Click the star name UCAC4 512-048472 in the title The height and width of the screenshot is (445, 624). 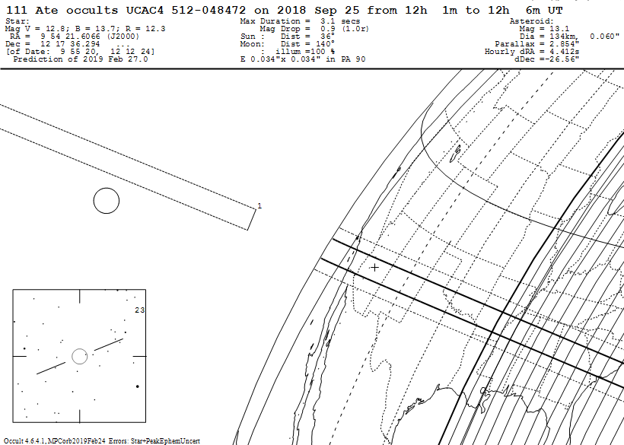click(186, 11)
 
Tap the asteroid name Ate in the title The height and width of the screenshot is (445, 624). click(47, 11)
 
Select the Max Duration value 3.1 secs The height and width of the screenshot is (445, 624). click(340, 21)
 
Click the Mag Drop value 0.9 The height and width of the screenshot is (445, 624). click(328, 29)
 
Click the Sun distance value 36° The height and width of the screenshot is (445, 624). click(327, 37)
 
